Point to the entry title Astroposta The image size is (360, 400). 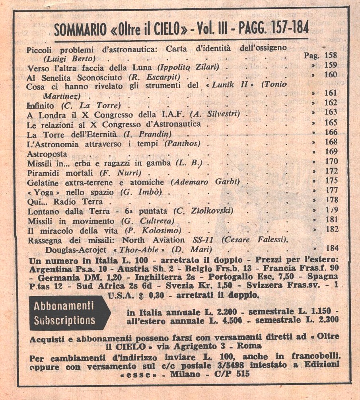coord(47,153)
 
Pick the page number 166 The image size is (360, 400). coord(331,132)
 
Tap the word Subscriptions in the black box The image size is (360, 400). coord(64,320)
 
